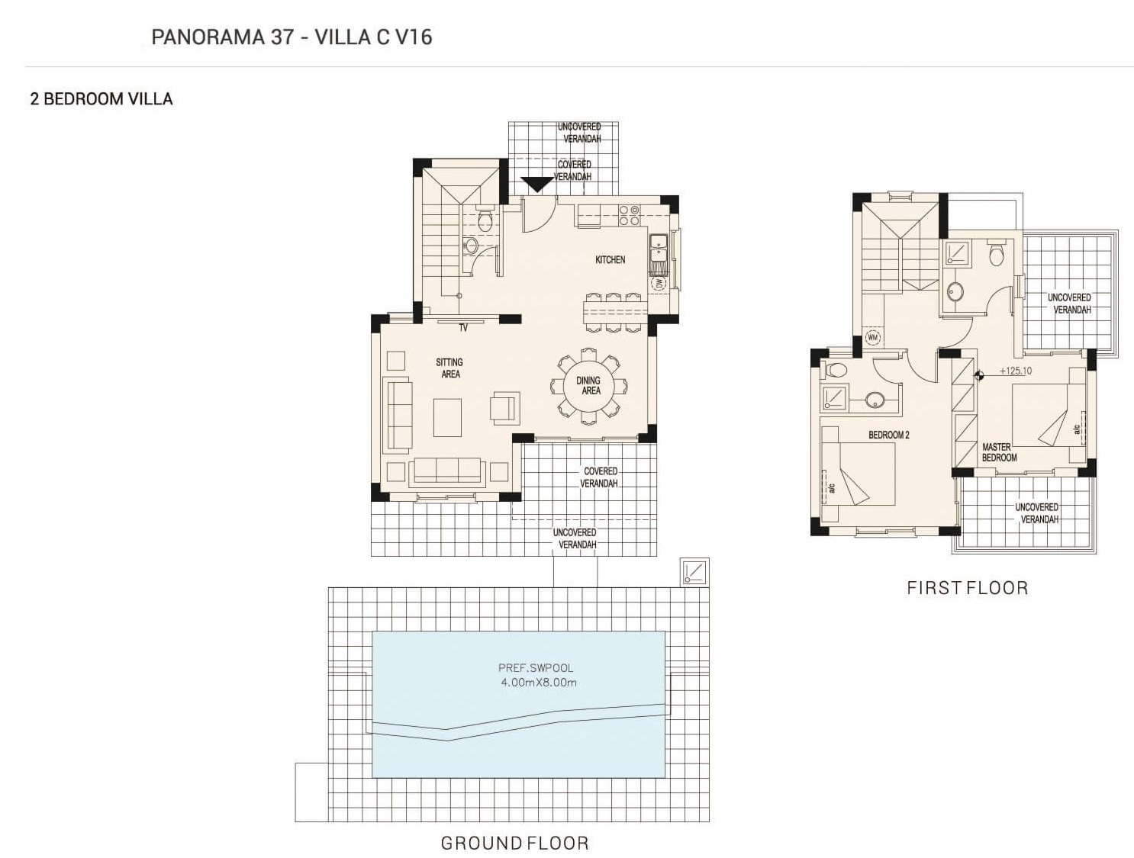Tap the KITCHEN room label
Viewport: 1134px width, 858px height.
point(610,259)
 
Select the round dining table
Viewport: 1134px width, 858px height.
point(589,386)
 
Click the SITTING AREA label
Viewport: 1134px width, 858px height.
point(449,368)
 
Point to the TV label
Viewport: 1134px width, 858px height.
point(463,328)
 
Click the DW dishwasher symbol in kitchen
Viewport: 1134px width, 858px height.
point(659,284)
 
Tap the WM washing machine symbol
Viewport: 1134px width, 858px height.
point(872,338)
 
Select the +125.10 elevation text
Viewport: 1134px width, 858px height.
point(1015,371)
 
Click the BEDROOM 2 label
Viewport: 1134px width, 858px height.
point(888,435)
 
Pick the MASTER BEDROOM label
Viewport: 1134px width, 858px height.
point(999,452)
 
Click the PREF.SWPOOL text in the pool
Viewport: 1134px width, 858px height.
point(536,667)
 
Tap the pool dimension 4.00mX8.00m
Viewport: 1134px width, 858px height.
point(539,683)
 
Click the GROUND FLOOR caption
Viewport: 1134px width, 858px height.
point(514,843)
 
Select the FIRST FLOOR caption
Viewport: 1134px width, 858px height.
point(968,588)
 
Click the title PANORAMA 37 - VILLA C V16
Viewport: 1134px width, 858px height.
point(292,37)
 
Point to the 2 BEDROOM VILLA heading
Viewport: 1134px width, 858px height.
point(101,98)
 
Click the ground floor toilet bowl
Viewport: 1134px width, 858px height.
point(484,220)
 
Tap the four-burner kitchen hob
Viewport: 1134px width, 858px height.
point(630,215)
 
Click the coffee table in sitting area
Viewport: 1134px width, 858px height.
point(447,418)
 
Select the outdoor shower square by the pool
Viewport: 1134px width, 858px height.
point(694,572)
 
